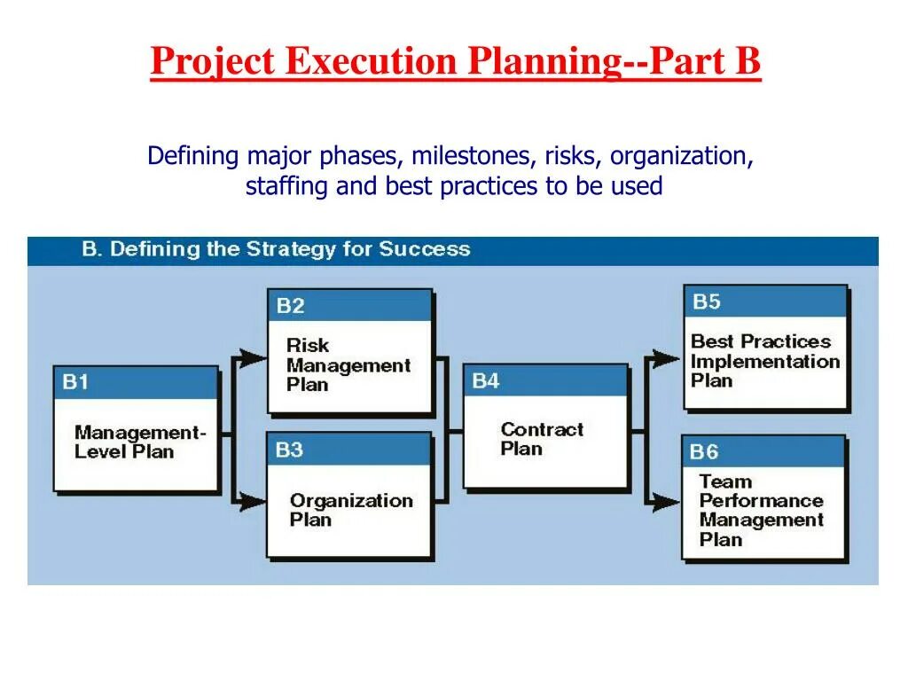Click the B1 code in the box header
75,382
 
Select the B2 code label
290,306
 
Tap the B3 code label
289,450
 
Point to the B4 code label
486,381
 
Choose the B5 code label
706,301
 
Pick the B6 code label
704,451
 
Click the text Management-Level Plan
139,442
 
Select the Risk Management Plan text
348,364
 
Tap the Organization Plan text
351,509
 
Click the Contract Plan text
542,439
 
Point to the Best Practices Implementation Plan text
764,361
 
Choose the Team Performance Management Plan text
761,510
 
